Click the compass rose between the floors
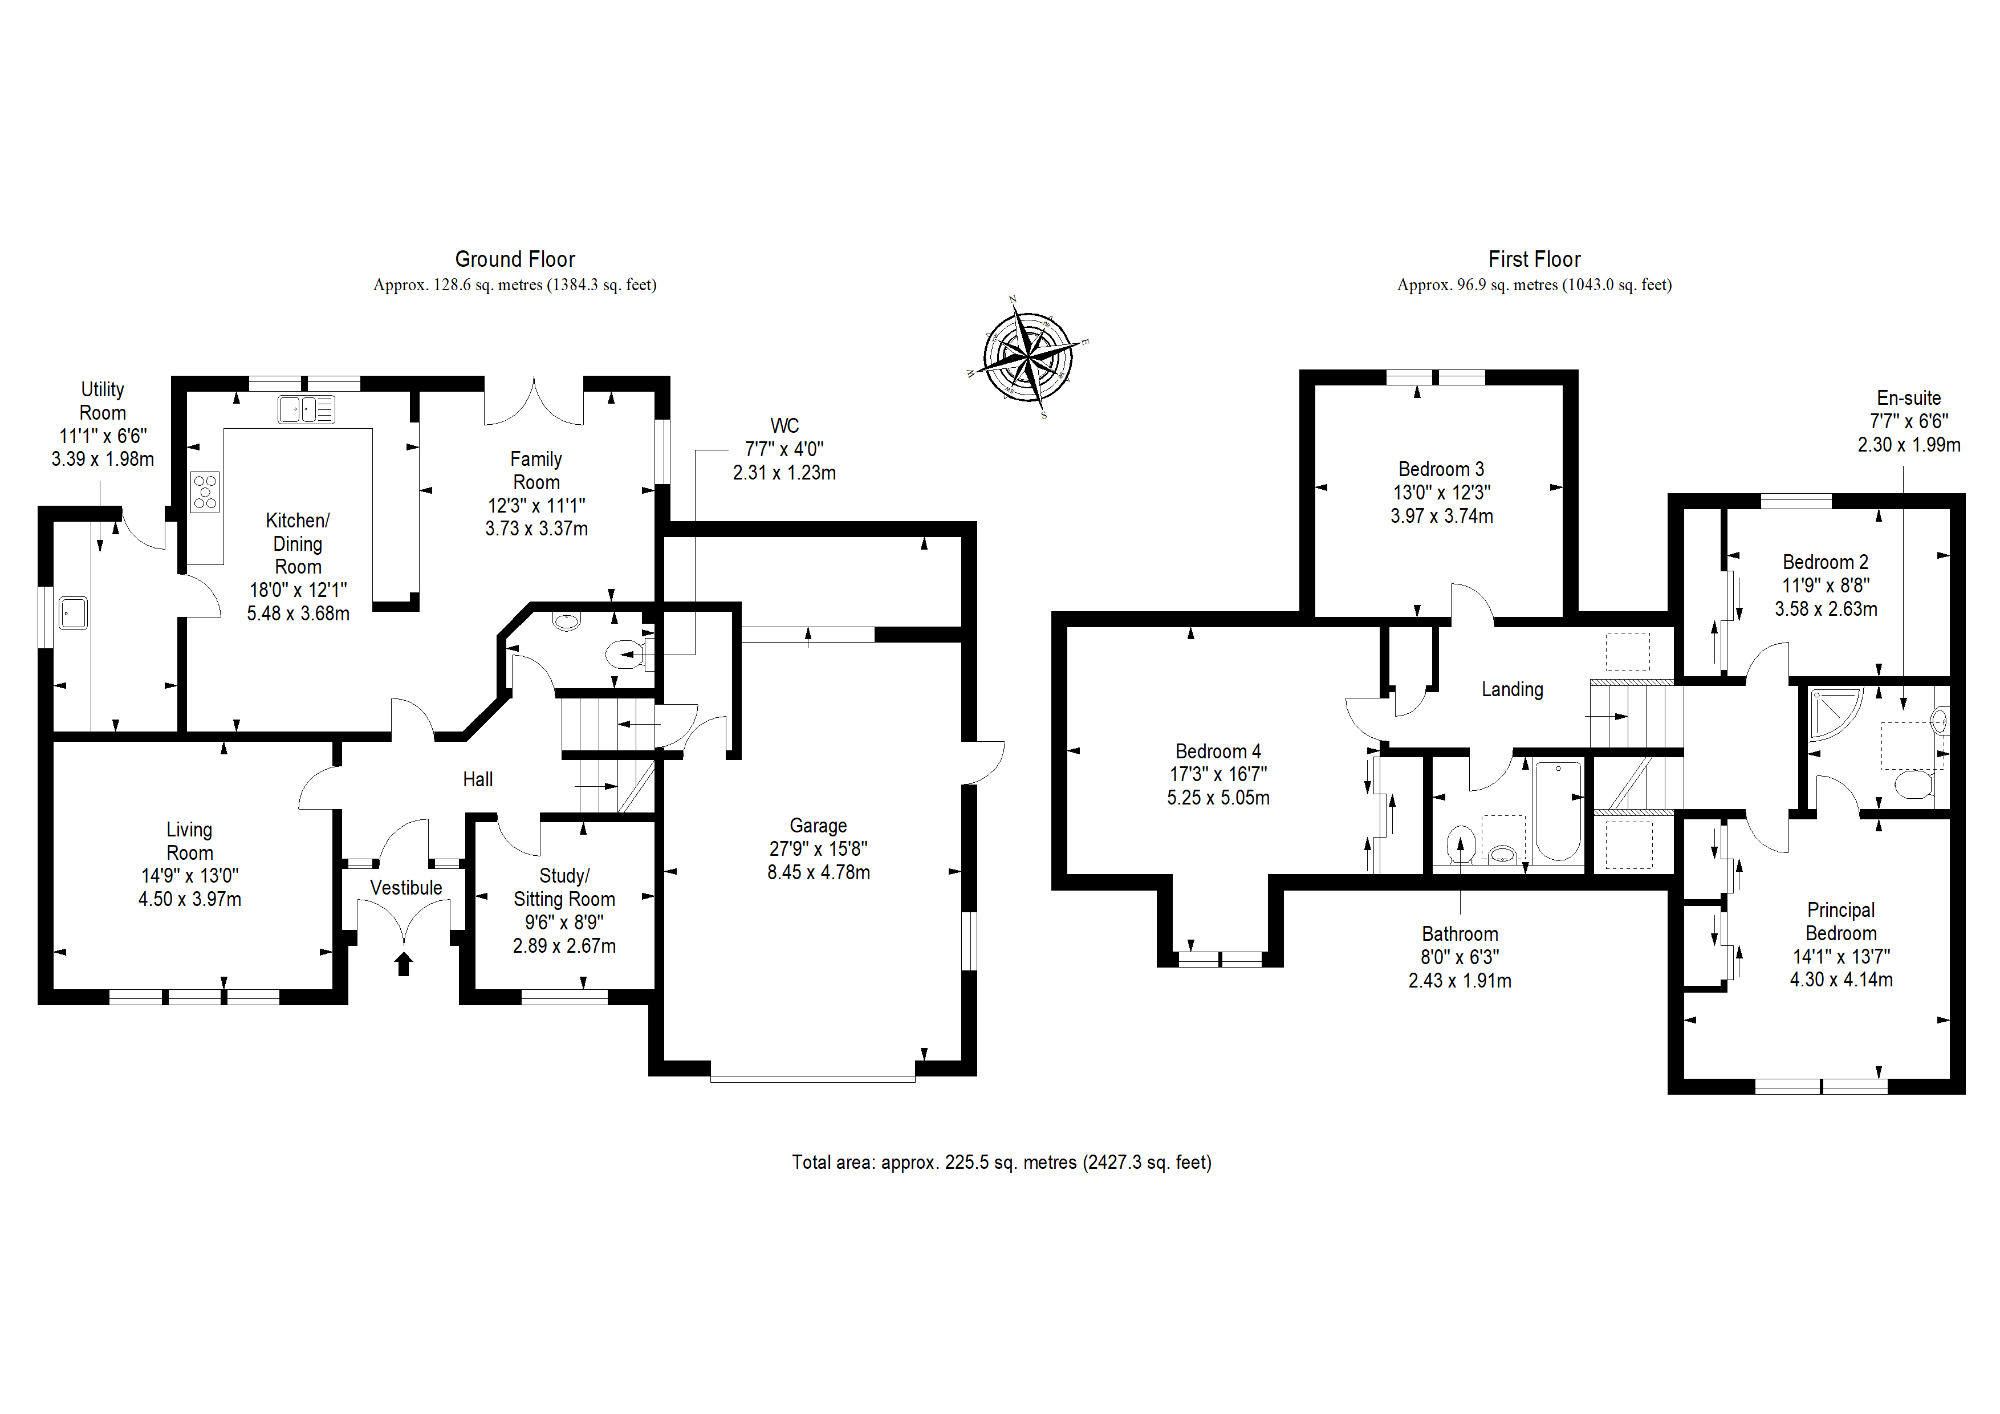(x=1028, y=356)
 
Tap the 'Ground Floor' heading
(x=515, y=259)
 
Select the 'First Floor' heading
(x=1534, y=259)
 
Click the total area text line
(x=1002, y=1162)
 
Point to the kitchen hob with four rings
(x=206, y=492)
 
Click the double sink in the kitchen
(x=306, y=409)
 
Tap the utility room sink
(x=73, y=612)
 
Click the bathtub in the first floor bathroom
(x=1558, y=811)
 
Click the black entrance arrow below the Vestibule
(x=403, y=964)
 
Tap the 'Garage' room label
(x=818, y=825)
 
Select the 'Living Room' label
(x=189, y=841)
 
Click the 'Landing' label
(x=1512, y=689)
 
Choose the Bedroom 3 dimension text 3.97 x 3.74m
(x=1442, y=516)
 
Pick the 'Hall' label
(x=477, y=779)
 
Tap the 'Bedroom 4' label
(x=1218, y=751)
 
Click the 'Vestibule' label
(x=406, y=887)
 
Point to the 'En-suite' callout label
(x=1909, y=398)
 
